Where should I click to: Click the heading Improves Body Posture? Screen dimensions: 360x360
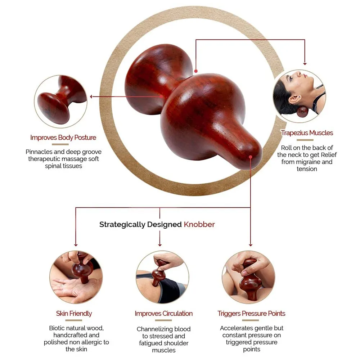(x=63, y=138)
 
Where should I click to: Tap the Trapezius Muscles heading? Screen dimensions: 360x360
(x=307, y=133)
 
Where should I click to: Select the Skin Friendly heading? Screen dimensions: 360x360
(x=74, y=314)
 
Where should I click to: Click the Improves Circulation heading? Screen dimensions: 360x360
(x=164, y=314)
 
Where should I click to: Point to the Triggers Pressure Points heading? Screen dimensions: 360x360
(x=251, y=314)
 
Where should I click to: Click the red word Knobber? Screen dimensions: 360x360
(x=199, y=224)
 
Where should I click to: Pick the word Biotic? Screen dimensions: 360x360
(x=57, y=328)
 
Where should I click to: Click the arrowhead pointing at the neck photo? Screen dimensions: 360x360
(x=305, y=64)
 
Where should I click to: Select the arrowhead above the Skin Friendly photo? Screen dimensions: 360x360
(x=76, y=245)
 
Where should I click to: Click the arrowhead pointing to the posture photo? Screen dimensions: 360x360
(x=91, y=96)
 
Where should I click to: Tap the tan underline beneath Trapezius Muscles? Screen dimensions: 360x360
(x=305, y=140)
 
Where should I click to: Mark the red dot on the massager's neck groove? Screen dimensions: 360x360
(x=196, y=71)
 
